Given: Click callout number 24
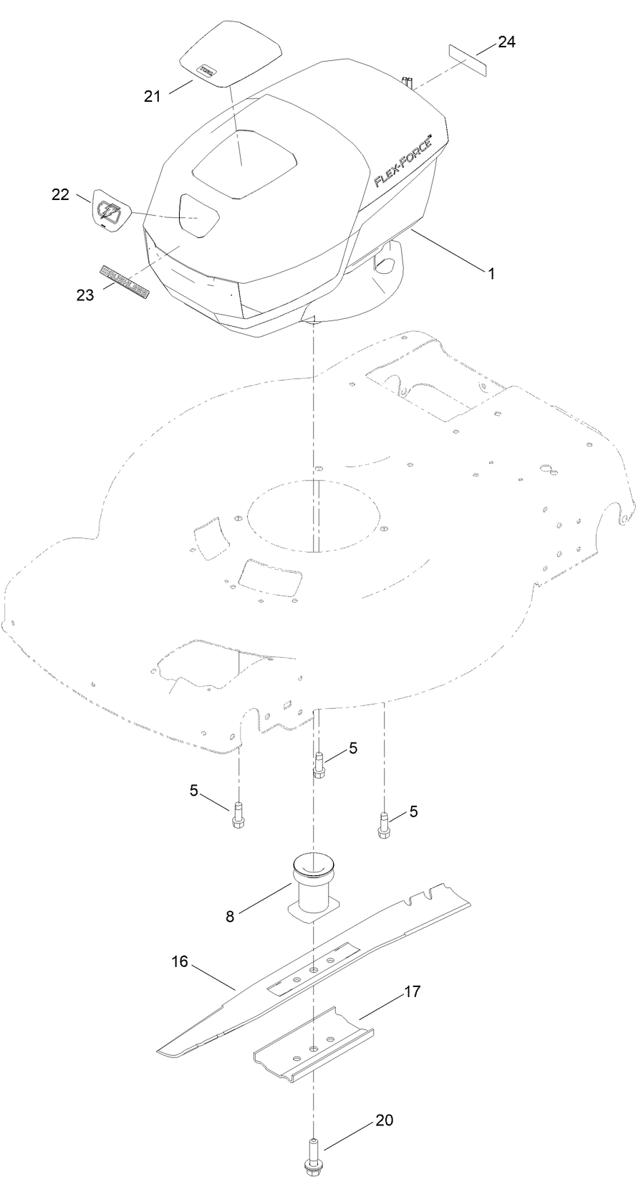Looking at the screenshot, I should [x=506, y=42].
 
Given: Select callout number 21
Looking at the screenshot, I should [x=152, y=96].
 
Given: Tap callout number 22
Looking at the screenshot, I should [x=61, y=194].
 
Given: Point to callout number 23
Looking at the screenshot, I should [x=85, y=295].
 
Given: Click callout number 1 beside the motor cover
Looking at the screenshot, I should [x=491, y=273].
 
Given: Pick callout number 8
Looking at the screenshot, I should [x=230, y=916].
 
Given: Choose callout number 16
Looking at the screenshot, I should [x=179, y=961].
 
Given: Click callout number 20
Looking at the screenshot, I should [x=385, y=1120].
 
